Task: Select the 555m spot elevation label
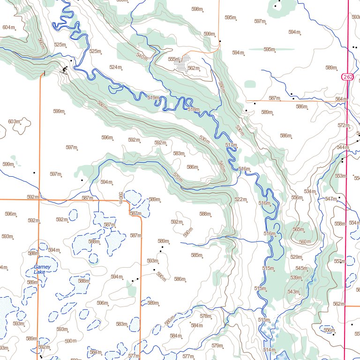point(173,60)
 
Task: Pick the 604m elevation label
point(8,28)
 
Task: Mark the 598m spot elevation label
point(197,9)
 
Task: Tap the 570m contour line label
point(177,178)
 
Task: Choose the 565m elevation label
point(298,230)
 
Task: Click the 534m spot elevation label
point(309,191)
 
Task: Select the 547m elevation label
point(330,199)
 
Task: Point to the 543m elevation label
point(293,292)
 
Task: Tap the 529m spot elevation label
point(296,257)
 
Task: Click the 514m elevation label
point(269,350)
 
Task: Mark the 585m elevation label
point(196,255)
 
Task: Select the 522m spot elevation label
point(240,200)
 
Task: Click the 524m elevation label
point(115,67)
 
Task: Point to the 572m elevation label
point(343,126)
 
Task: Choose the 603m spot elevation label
point(14,122)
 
